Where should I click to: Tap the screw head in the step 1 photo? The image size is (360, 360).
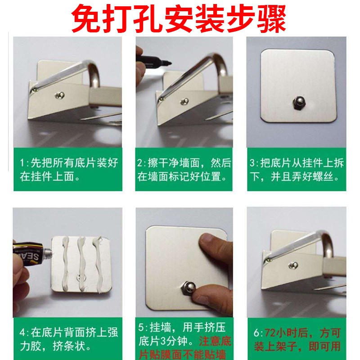coord(59,94)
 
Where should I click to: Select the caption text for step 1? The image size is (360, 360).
coord(67,169)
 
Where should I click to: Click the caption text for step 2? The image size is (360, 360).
coord(184,169)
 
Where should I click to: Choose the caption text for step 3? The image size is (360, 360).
coord(297,169)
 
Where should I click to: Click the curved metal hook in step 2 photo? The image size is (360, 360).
coord(220,67)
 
